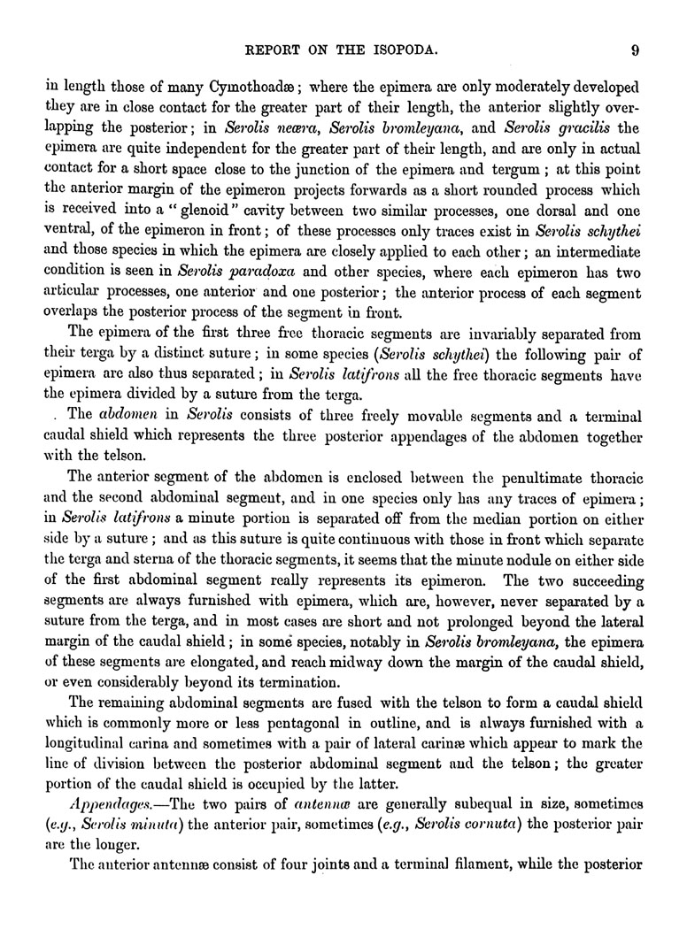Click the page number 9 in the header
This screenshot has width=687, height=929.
[635, 50]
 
